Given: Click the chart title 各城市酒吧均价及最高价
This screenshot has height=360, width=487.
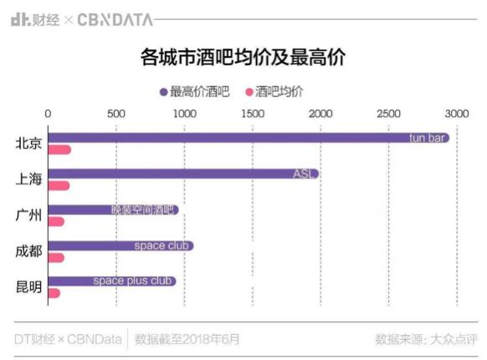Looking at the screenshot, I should coord(243,59).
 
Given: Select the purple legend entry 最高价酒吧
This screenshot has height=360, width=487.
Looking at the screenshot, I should coord(195,91).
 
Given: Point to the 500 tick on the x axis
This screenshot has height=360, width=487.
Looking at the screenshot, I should coord(116,113).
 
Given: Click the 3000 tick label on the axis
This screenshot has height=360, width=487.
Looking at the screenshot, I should coord(456,113).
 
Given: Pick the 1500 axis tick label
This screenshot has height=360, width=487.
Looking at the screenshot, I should coord(252,113).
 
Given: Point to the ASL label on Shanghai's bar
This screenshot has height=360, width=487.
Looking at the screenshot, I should coord(303,174).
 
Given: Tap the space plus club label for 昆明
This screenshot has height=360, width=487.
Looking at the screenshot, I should coord(132,281).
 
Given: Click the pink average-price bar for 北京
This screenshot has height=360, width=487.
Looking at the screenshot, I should coord(59,150).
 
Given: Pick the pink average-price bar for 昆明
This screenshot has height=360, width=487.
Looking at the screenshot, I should coord(54,293).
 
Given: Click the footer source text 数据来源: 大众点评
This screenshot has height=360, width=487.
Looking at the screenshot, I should coord(425,339).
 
